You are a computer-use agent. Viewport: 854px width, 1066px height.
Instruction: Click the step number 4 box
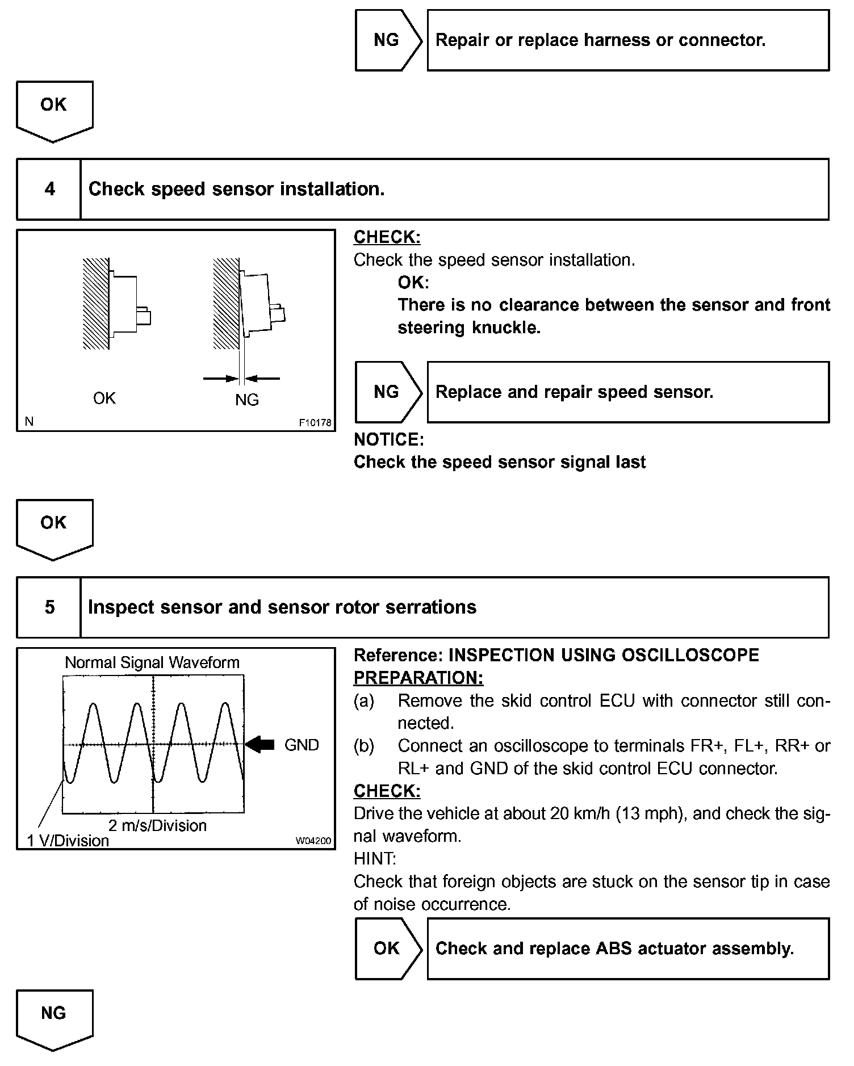click(x=49, y=189)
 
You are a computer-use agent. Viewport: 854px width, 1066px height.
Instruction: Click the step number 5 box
click(x=49, y=607)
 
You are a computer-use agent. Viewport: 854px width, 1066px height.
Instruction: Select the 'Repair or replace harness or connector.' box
click(x=627, y=40)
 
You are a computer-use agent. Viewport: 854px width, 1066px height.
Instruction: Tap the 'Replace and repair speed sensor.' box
click(x=627, y=392)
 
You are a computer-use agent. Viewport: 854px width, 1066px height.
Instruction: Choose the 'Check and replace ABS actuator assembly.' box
click(x=627, y=949)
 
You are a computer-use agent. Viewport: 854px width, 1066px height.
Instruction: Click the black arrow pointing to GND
click(x=261, y=744)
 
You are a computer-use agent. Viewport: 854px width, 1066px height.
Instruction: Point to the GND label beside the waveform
click(x=302, y=745)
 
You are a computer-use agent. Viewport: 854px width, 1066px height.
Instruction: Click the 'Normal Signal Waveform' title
click(x=152, y=662)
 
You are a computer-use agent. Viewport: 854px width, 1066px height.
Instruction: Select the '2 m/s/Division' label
click(x=157, y=825)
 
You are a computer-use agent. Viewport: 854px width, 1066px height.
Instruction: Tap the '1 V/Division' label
click(x=68, y=841)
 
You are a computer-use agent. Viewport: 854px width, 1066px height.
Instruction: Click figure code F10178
click(x=315, y=423)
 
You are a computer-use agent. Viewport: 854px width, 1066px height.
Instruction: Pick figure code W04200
click(x=313, y=841)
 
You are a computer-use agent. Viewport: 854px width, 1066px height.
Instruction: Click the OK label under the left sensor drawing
click(x=104, y=398)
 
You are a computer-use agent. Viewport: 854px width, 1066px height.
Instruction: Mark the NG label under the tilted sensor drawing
click(x=247, y=400)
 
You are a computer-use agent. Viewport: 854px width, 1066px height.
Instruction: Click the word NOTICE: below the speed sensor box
click(x=389, y=439)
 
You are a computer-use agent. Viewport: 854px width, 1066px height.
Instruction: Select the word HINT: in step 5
click(x=375, y=859)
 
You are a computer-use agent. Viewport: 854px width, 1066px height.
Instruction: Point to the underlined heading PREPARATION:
click(x=418, y=678)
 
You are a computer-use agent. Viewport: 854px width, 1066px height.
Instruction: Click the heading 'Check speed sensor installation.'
click(x=237, y=189)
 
